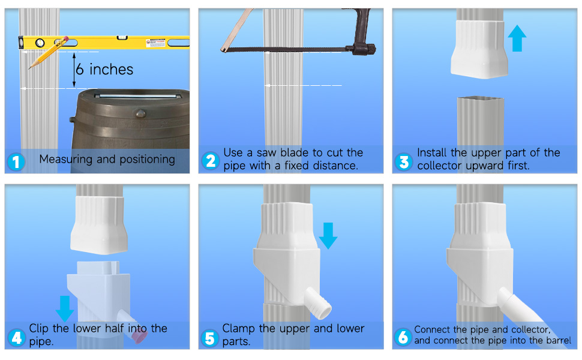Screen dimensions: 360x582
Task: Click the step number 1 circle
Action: click(16, 161)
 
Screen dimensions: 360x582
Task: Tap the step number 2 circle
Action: click(210, 161)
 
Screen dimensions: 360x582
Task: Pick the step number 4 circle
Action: click(16, 338)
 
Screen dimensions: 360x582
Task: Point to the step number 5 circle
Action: click(210, 338)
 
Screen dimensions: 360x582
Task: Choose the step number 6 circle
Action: click(403, 338)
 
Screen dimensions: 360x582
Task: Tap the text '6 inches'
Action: click(104, 70)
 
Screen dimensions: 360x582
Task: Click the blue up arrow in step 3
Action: click(517, 38)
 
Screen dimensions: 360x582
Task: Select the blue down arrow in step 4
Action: click(64, 307)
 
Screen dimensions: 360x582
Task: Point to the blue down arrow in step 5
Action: click(328, 235)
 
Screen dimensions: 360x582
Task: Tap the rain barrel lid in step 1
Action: click(133, 96)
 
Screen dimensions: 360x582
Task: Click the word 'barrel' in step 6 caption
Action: click(554, 341)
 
